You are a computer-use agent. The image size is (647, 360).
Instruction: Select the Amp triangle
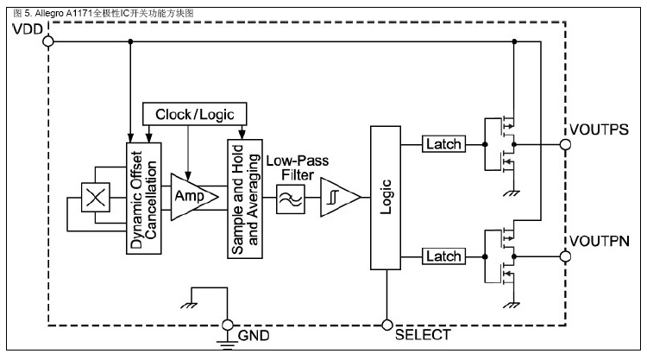(x=188, y=196)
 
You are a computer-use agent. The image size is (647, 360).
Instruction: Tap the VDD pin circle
(x=48, y=41)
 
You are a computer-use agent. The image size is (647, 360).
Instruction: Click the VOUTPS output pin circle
(x=565, y=144)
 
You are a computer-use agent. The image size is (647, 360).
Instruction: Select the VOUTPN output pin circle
(x=565, y=256)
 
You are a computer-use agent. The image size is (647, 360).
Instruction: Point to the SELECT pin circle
(x=386, y=325)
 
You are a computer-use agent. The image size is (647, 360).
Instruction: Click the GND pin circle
(x=229, y=325)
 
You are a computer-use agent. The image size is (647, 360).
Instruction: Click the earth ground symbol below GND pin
(x=229, y=346)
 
